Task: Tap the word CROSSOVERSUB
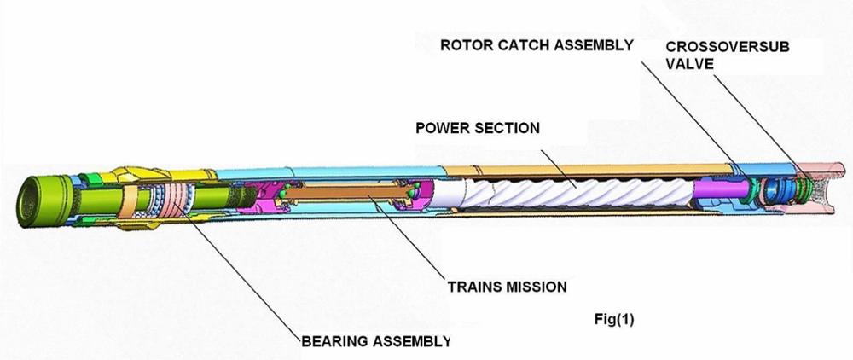(x=728, y=47)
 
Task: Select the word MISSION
(x=537, y=286)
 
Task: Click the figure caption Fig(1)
(x=614, y=320)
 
